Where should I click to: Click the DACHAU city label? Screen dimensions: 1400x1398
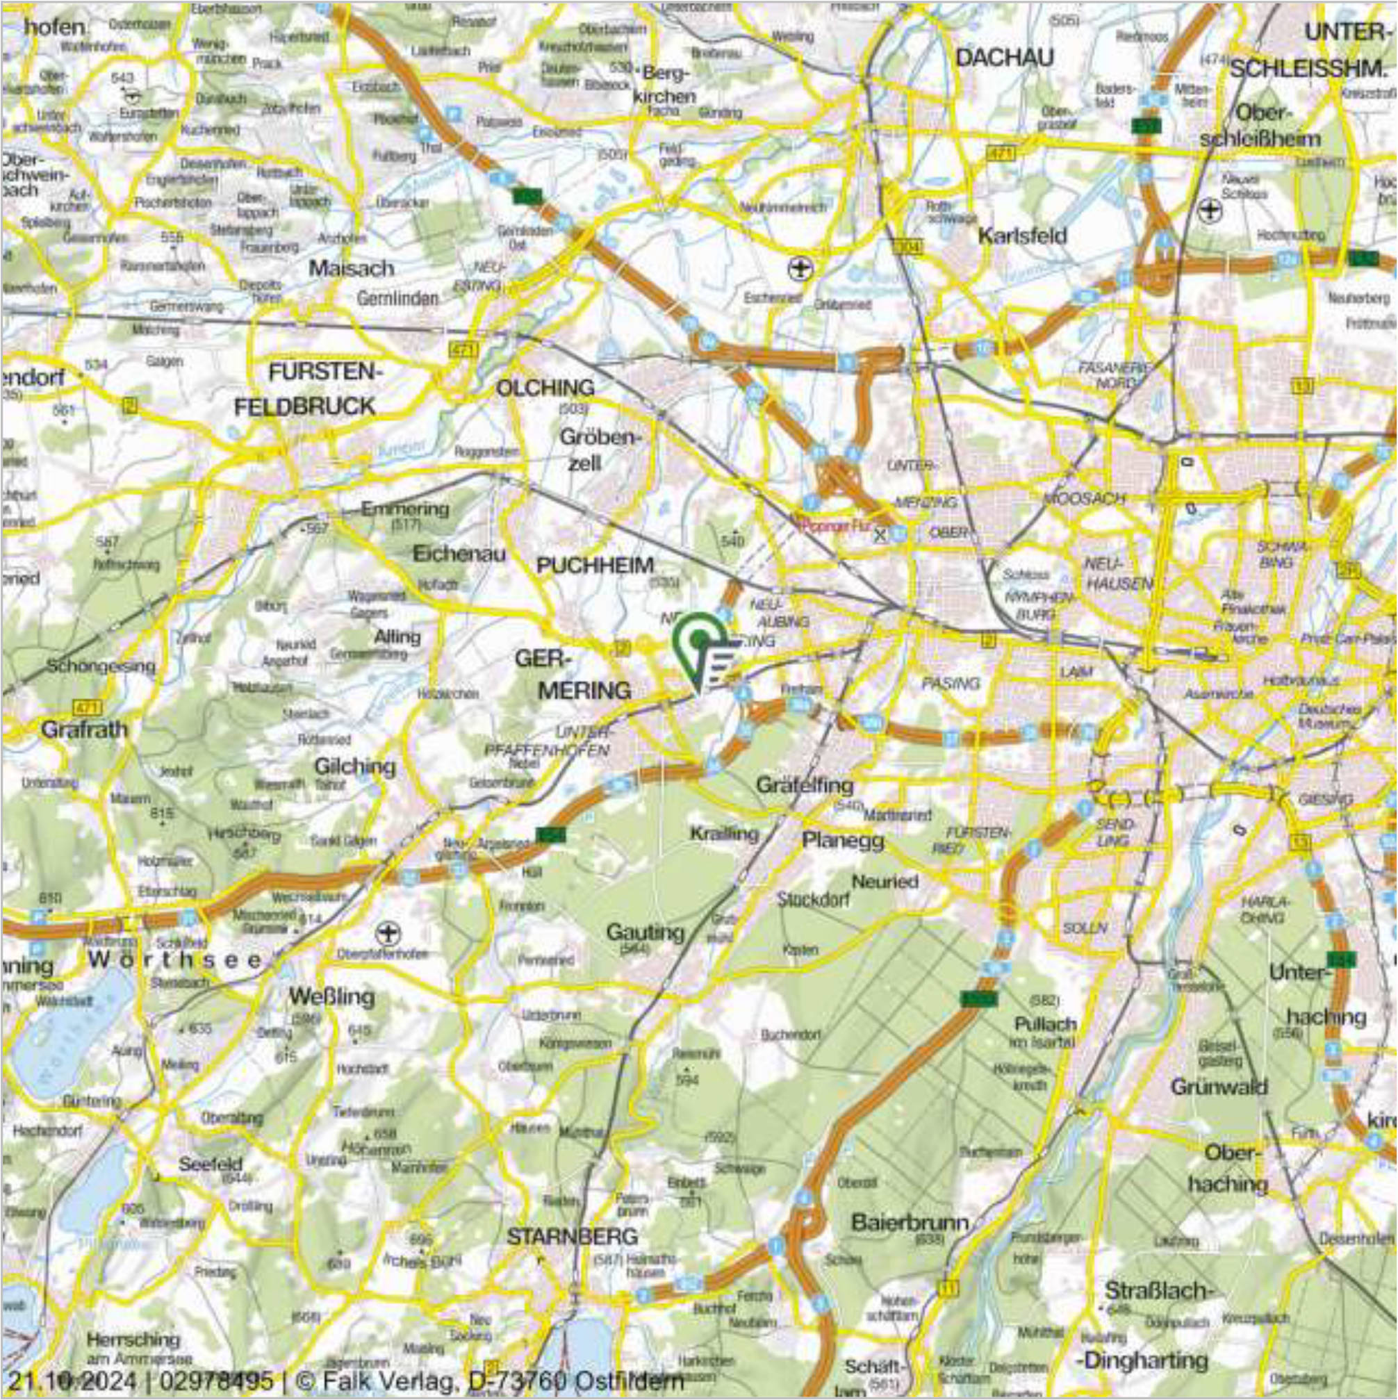tap(1005, 58)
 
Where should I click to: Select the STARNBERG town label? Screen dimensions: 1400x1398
tap(572, 1237)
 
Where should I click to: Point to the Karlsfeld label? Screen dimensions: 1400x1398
tap(1022, 236)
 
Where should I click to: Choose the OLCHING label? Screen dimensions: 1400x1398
tap(545, 388)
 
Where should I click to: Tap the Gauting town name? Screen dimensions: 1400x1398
tap(645, 932)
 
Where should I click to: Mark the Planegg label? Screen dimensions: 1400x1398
tap(843, 841)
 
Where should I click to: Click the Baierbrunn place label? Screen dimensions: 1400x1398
tap(910, 1224)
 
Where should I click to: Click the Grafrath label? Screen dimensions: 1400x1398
tap(84, 729)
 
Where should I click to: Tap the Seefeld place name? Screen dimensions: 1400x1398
tap(210, 1164)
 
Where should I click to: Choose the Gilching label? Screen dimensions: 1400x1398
tap(354, 766)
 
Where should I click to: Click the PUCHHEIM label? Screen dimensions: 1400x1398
tap(595, 566)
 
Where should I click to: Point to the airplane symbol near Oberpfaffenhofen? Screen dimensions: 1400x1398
tap(388, 930)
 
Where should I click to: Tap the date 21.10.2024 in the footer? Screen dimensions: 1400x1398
tap(71, 1380)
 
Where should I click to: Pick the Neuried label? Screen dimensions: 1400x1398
tap(885, 882)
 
